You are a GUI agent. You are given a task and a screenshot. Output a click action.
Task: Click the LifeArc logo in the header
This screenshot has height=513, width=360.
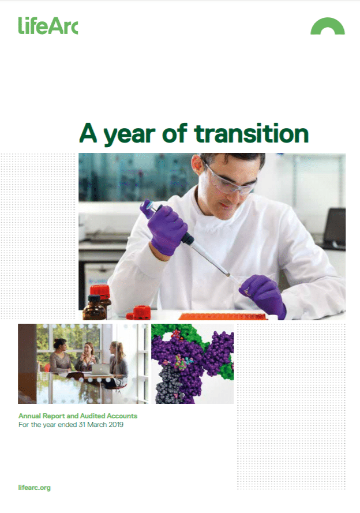pos(48,26)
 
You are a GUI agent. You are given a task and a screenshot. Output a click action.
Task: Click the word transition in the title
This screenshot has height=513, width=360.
pos(252,133)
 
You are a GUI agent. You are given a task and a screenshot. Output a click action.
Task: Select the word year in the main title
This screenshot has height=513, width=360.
pos(129,136)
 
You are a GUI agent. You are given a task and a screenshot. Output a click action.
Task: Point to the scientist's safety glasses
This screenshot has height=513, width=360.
pos(230,181)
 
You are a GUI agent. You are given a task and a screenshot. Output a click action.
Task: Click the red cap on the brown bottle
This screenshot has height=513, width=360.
pos(100,291)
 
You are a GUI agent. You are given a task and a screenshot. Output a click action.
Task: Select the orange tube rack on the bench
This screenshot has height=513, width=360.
pos(223,316)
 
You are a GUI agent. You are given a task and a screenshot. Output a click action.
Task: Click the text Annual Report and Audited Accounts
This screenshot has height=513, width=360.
pos(78,416)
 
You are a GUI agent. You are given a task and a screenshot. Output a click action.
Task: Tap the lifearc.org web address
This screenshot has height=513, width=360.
pos(35,488)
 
